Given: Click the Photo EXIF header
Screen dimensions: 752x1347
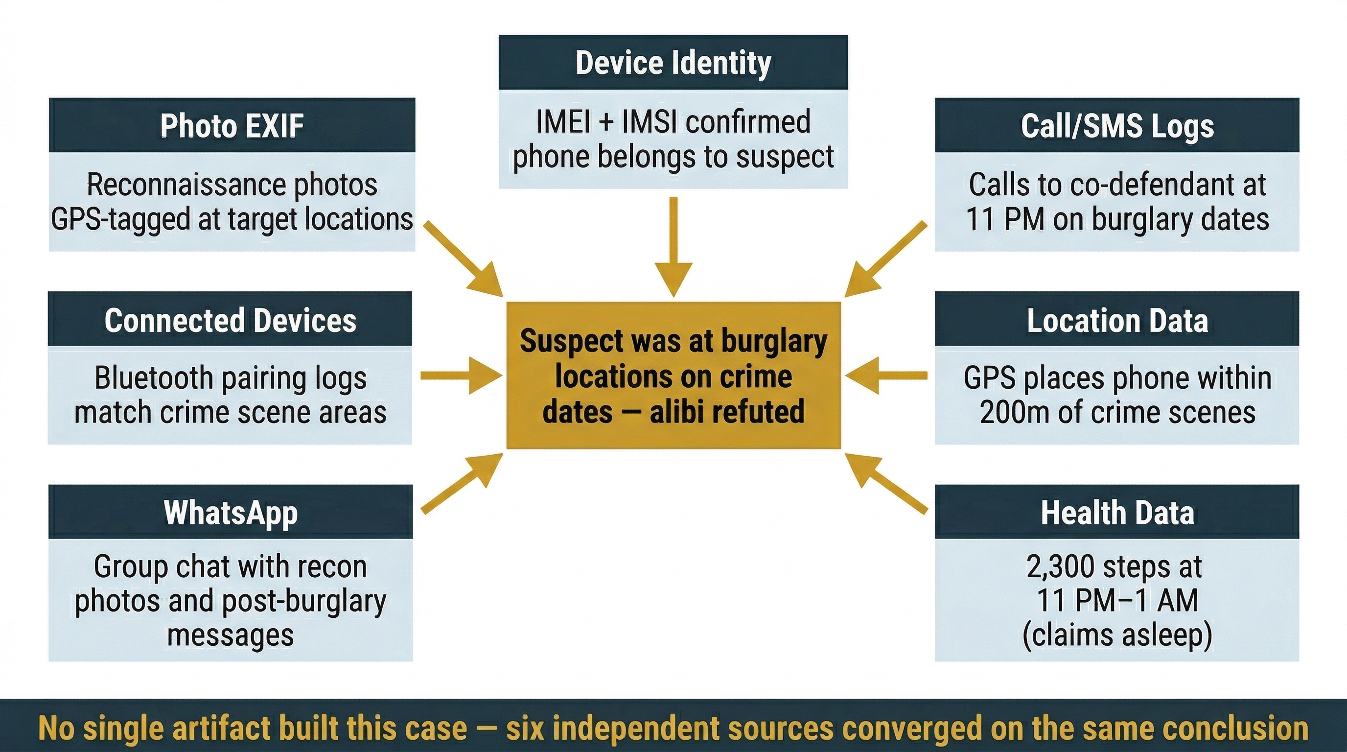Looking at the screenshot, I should point(232,125).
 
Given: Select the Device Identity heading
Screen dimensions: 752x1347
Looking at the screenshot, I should point(673,63).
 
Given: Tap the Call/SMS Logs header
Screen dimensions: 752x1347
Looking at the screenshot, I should point(1117,125).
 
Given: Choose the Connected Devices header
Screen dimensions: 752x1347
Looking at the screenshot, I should point(230,320).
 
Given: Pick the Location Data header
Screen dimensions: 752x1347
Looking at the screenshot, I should point(1117,320).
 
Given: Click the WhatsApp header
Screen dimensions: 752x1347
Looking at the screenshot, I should point(231,512).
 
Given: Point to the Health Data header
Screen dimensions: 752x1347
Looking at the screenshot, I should point(1117,512).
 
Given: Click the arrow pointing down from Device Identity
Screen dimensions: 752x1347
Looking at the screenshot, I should point(673,246).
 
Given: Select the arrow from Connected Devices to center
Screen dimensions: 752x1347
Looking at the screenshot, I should point(460,376).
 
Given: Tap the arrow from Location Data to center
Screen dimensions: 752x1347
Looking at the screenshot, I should point(887,376).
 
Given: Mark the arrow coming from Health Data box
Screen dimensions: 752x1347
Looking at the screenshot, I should point(886,484).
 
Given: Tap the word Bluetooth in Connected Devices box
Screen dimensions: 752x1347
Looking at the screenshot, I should point(153,377).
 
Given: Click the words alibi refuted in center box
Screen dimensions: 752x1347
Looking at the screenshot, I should point(727,412).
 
